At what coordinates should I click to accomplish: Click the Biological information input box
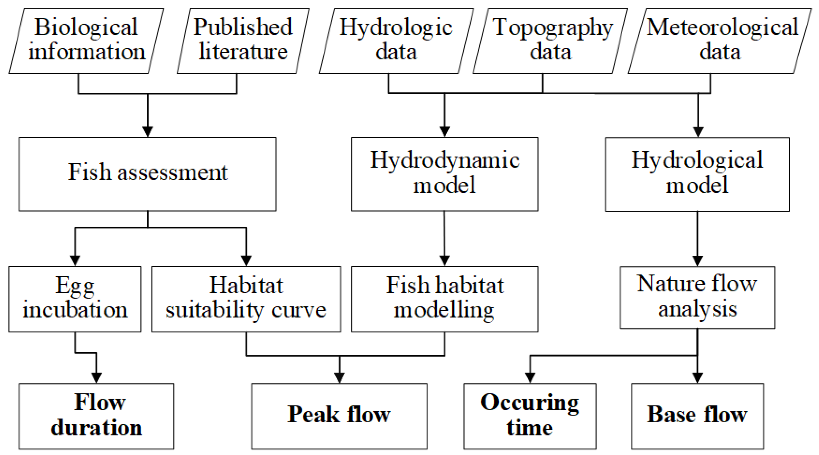(x=86, y=41)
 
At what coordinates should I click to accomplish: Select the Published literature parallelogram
(x=243, y=41)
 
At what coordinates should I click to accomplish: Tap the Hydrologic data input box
(x=396, y=41)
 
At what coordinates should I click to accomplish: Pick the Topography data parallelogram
(x=550, y=41)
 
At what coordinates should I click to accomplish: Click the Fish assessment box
(x=148, y=174)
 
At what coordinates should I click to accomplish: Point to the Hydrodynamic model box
(x=444, y=174)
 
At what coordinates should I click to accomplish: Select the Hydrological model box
(x=697, y=174)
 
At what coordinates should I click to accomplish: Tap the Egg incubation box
(x=75, y=299)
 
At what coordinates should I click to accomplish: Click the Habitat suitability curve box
(x=246, y=299)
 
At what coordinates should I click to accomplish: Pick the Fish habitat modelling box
(x=444, y=299)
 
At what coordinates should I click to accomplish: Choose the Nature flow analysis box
(x=697, y=297)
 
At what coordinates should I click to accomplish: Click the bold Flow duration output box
(x=96, y=416)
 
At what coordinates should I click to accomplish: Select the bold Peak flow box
(x=339, y=416)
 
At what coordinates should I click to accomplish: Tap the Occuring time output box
(x=530, y=416)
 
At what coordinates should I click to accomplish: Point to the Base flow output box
(x=697, y=416)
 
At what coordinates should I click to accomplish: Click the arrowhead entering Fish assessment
(x=148, y=132)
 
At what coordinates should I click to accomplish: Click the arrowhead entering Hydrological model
(x=698, y=132)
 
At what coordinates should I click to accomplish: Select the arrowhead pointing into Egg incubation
(x=75, y=261)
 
